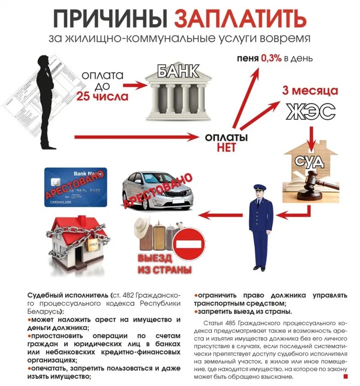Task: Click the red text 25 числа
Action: coord(102,96)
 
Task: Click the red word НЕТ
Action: coord(226,148)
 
